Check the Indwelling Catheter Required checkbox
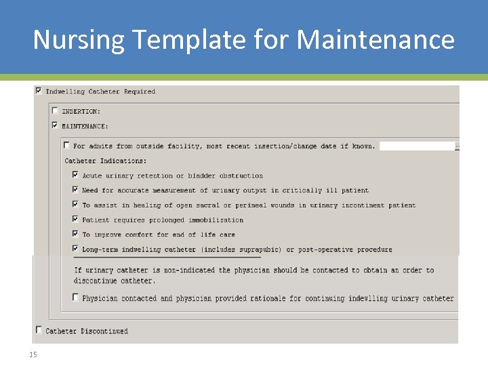click(39, 90)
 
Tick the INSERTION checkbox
click(55, 110)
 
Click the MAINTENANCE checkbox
click(55, 125)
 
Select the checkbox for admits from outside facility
click(66, 145)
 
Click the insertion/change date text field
click(417, 146)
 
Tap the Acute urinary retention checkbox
click(75, 175)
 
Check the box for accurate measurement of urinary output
click(75, 190)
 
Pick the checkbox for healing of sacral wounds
click(75, 204)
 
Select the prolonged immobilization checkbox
click(75, 219)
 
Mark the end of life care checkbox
click(75, 234)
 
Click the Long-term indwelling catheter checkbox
click(75, 249)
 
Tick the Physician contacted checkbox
click(75, 298)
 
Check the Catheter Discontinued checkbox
click(39, 330)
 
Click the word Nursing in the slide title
click(79, 40)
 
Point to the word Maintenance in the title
click(375, 40)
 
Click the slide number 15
click(33, 354)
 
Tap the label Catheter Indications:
click(105, 161)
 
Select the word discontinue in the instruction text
click(97, 281)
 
